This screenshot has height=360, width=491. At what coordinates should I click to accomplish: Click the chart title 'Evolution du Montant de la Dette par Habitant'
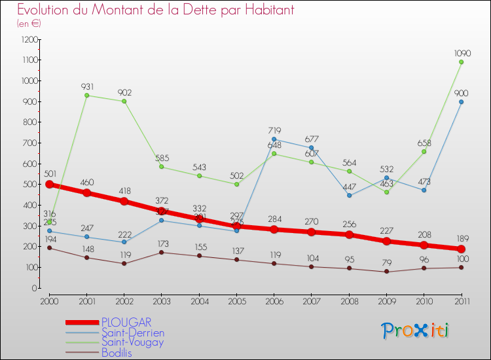click(155, 10)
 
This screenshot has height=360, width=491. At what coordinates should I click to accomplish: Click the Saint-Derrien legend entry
click(132, 333)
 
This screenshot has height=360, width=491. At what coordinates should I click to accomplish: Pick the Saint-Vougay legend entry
click(132, 342)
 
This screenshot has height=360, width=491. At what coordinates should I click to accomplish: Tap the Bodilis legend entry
click(117, 353)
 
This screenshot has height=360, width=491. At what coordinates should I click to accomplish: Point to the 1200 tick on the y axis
click(29, 39)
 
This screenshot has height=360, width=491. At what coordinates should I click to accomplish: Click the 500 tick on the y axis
click(31, 185)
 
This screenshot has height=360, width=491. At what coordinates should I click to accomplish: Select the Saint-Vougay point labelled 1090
click(461, 62)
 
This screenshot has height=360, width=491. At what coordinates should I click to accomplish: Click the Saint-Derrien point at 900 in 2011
click(461, 101)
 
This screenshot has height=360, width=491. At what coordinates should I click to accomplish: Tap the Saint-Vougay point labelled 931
click(86, 96)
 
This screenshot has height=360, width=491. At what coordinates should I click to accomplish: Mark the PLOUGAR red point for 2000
click(49, 184)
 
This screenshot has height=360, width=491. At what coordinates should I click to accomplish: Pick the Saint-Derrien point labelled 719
click(274, 139)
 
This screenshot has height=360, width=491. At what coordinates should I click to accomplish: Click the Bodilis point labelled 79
click(386, 272)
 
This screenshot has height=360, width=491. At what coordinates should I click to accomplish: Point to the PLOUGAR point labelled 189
click(461, 249)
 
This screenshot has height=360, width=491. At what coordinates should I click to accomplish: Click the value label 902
click(124, 92)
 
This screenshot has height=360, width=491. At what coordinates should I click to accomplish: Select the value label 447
click(349, 186)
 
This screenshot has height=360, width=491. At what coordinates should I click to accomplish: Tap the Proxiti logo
click(416, 331)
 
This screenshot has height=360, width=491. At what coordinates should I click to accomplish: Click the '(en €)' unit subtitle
click(29, 24)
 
